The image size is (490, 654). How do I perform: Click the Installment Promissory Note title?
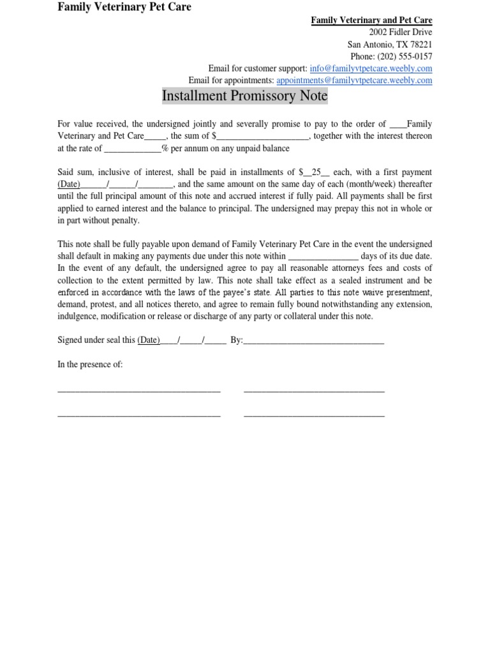pyautogui.click(x=244, y=96)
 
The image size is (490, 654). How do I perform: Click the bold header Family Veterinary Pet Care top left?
pyautogui.click(x=124, y=8)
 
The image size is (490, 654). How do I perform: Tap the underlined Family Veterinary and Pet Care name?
pyautogui.click(x=371, y=20)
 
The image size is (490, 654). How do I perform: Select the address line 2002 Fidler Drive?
pyautogui.click(x=400, y=33)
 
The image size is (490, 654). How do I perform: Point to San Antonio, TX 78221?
pyautogui.click(x=389, y=45)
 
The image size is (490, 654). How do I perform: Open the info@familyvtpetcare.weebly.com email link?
pyautogui.click(x=371, y=68)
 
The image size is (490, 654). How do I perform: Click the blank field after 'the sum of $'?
pyautogui.click(x=263, y=137)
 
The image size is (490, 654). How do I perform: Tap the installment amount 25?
pyautogui.click(x=315, y=172)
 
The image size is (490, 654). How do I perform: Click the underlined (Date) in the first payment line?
pyautogui.click(x=69, y=185)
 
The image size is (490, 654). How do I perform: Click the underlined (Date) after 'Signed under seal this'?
pyautogui.click(x=149, y=340)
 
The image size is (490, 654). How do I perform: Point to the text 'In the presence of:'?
pyautogui.click(x=90, y=364)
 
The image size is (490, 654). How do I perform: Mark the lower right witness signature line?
pyautogui.click(x=314, y=416)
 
